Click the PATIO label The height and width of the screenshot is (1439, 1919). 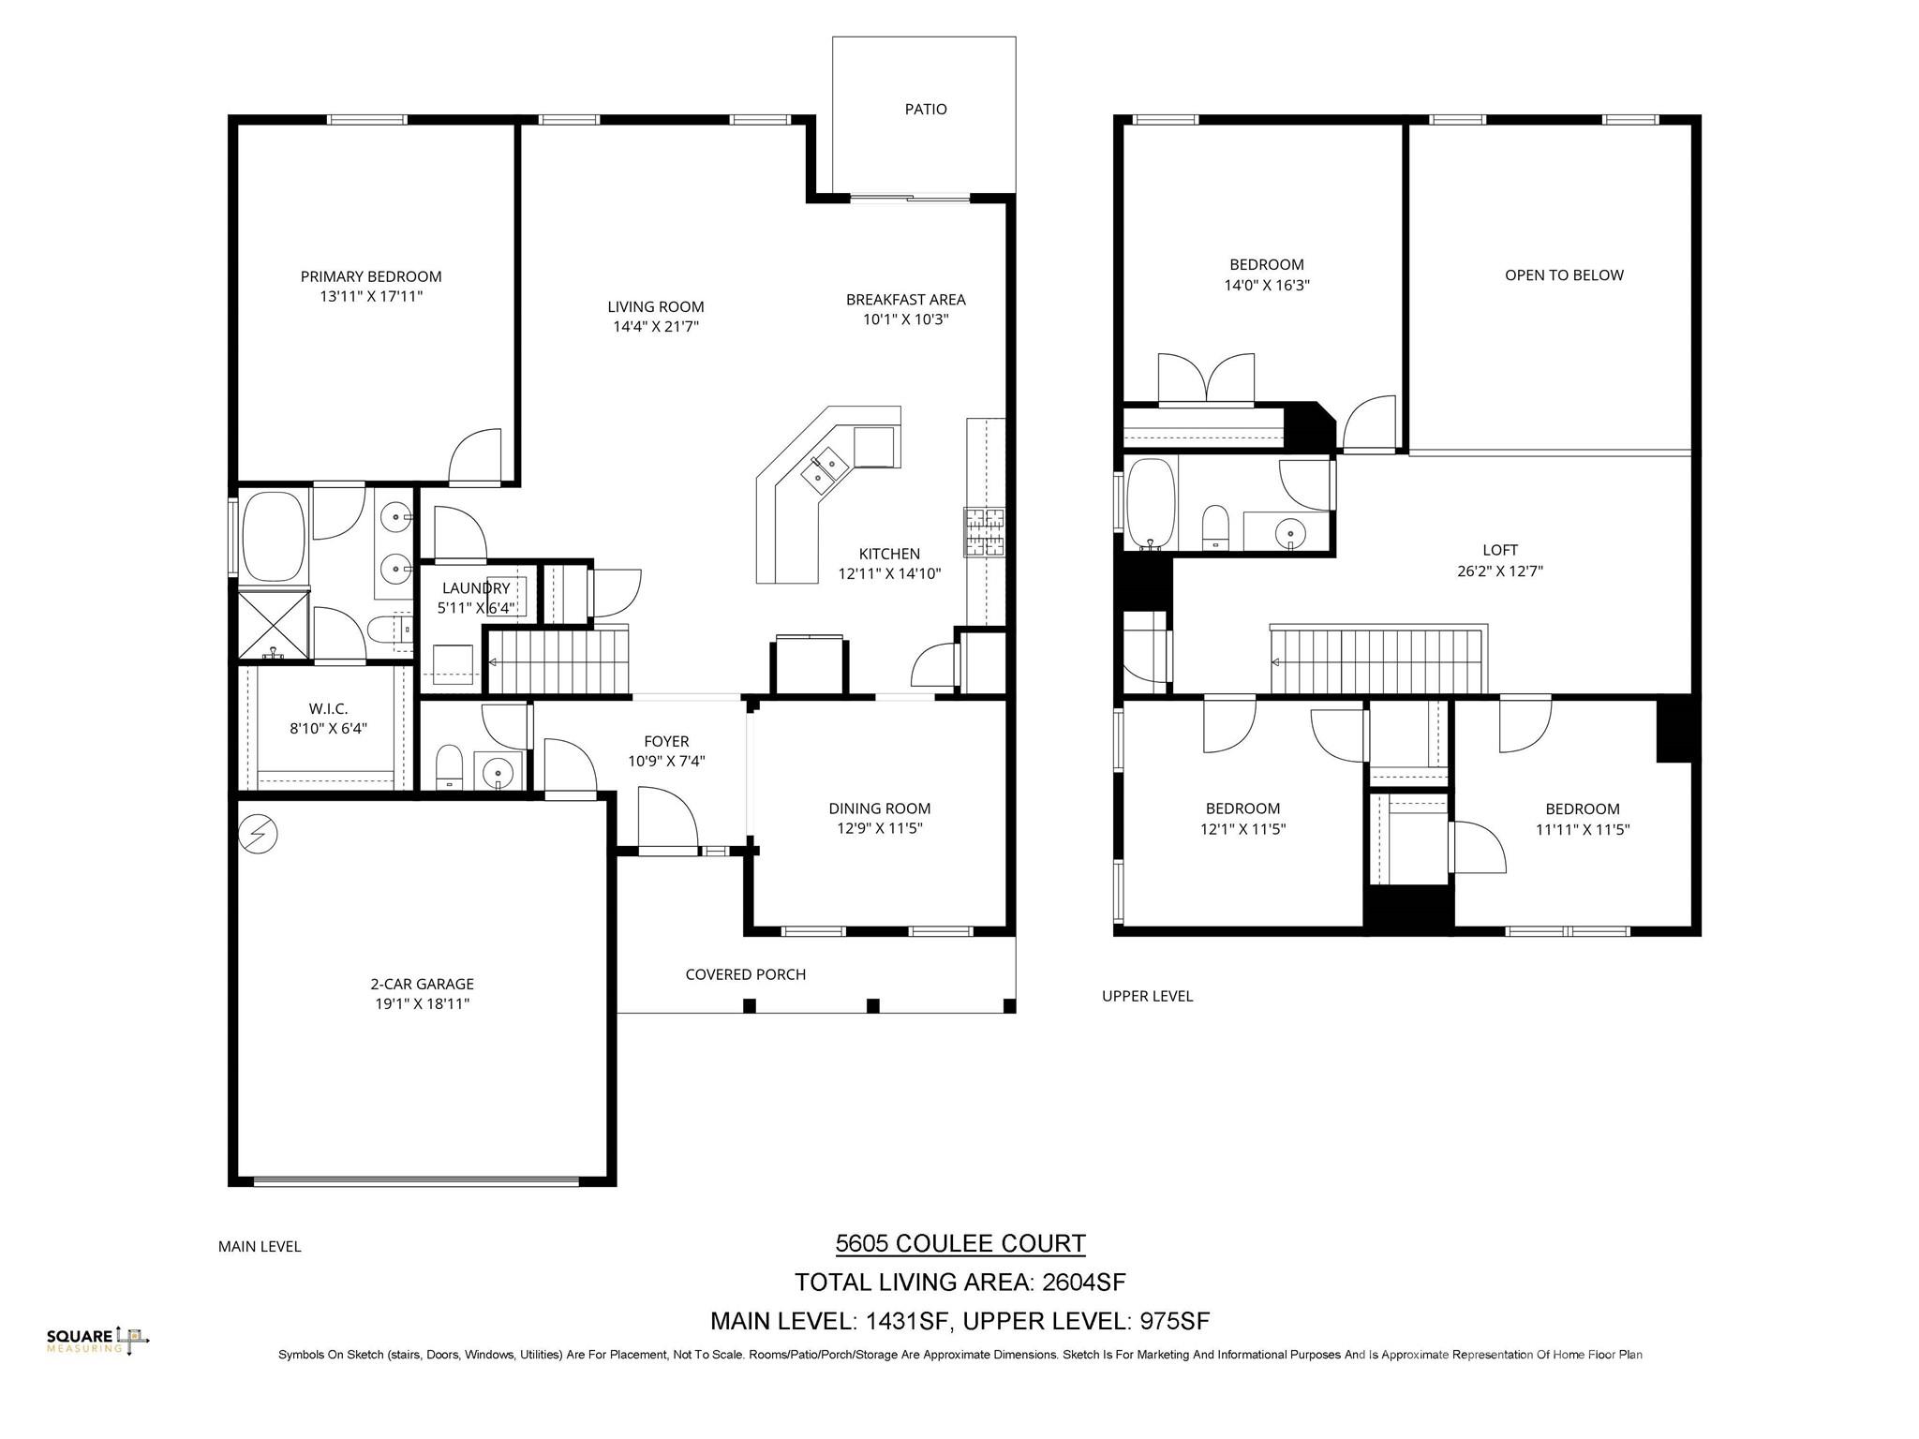(x=925, y=110)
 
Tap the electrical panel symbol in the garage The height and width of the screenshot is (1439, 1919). (x=258, y=834)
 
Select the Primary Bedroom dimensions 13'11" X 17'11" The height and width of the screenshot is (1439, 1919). (x=370, y=297)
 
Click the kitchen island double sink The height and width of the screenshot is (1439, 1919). (x=825, y=468)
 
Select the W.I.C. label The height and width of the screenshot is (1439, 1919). (x=328, y=709)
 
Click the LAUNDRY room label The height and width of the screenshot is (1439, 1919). (x=476, y=588)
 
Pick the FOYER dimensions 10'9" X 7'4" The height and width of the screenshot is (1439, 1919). (x=666, y=762)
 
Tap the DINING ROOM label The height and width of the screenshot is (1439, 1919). (x=879, y=809)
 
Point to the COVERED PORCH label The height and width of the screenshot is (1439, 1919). (x=745, y=974)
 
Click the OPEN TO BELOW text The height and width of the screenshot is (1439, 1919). (x=1564, y=275)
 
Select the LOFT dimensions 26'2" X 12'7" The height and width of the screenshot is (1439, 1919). (x=1499, y=571)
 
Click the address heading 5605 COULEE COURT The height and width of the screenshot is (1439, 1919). (x=959, y=1243)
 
